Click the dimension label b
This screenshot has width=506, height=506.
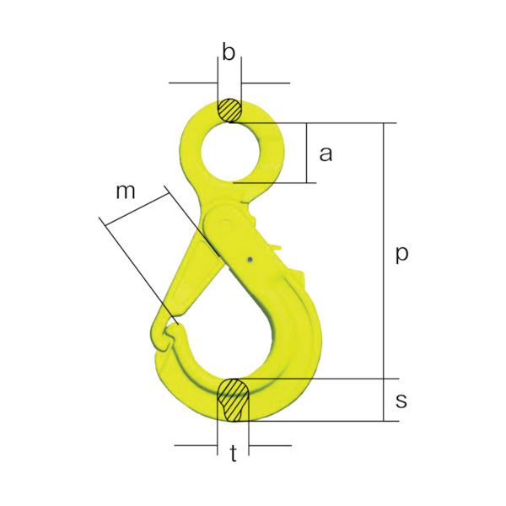click(x=229, y=53)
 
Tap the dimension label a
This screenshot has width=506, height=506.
click(x=326, y=153)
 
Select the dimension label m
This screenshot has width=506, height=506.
click(x=126, y=191)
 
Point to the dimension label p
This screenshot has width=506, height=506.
click(x=402, y=255)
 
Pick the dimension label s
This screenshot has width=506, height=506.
click(x=401, y=401)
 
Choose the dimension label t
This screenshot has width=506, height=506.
click(x=234, y=453)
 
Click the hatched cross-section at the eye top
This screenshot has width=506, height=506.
click(x=229, y=110)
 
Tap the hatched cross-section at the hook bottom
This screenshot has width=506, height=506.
click(x=234, y=400)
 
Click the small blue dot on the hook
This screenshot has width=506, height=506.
click(x=250, y=260)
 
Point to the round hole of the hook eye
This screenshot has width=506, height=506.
click(x=231, y=153)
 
